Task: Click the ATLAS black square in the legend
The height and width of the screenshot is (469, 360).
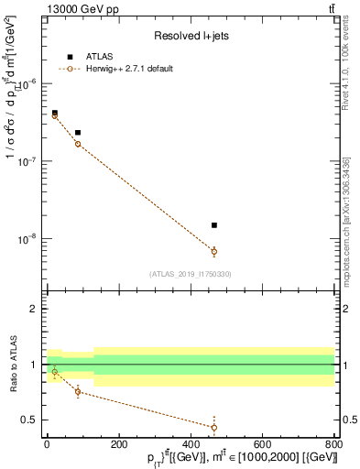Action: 70,57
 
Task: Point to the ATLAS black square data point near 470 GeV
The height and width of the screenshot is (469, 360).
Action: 213,224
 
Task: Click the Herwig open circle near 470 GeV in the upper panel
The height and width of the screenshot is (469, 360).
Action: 213,251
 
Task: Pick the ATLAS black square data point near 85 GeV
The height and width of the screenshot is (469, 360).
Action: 78,133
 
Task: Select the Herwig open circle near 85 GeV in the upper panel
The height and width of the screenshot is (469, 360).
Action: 78,144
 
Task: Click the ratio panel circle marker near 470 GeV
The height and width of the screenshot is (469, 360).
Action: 213,427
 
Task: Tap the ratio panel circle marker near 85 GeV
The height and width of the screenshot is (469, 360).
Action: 78,392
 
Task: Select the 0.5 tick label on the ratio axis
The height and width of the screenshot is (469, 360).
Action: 27,420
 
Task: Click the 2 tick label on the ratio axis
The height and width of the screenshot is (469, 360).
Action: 32,310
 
